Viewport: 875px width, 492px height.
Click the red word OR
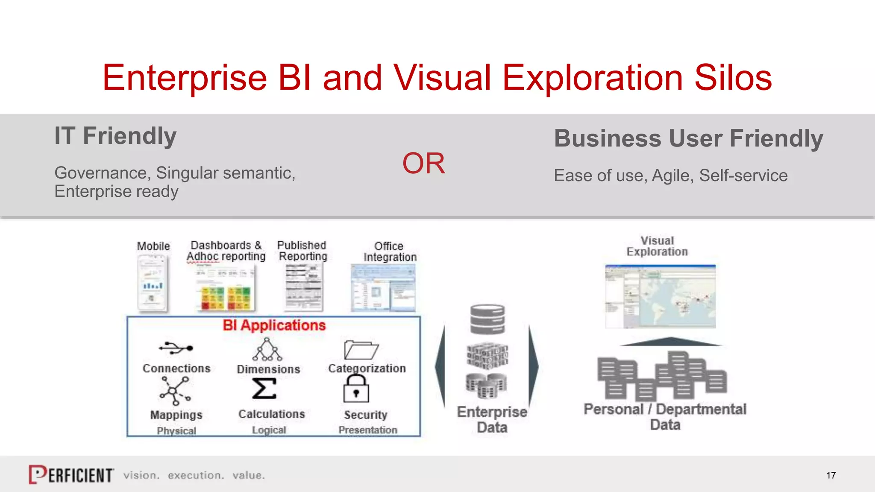coord(423,164)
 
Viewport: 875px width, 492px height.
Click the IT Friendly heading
coord(115,136)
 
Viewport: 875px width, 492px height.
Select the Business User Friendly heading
coord(688,139)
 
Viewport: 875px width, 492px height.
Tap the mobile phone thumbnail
coord(153,283)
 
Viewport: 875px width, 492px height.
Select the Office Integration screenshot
coord(383,288)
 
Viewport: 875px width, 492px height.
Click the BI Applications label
coord(274,325)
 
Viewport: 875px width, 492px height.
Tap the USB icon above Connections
coord(176,348)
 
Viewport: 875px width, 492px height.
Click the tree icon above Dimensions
coord(267,350)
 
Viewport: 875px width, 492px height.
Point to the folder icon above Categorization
coord(361,350)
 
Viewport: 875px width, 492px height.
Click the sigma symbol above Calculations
coord(264,389)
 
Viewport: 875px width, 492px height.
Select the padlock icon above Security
coord(356,389)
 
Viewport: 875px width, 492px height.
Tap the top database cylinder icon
coord(487,319)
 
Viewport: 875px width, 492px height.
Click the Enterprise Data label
coord(492,419)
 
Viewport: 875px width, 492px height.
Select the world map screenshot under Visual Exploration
coord(660,296)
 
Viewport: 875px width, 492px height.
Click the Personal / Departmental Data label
coord(665,417)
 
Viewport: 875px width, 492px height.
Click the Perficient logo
coord(71,474)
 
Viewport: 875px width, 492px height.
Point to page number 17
coord(831,475)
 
